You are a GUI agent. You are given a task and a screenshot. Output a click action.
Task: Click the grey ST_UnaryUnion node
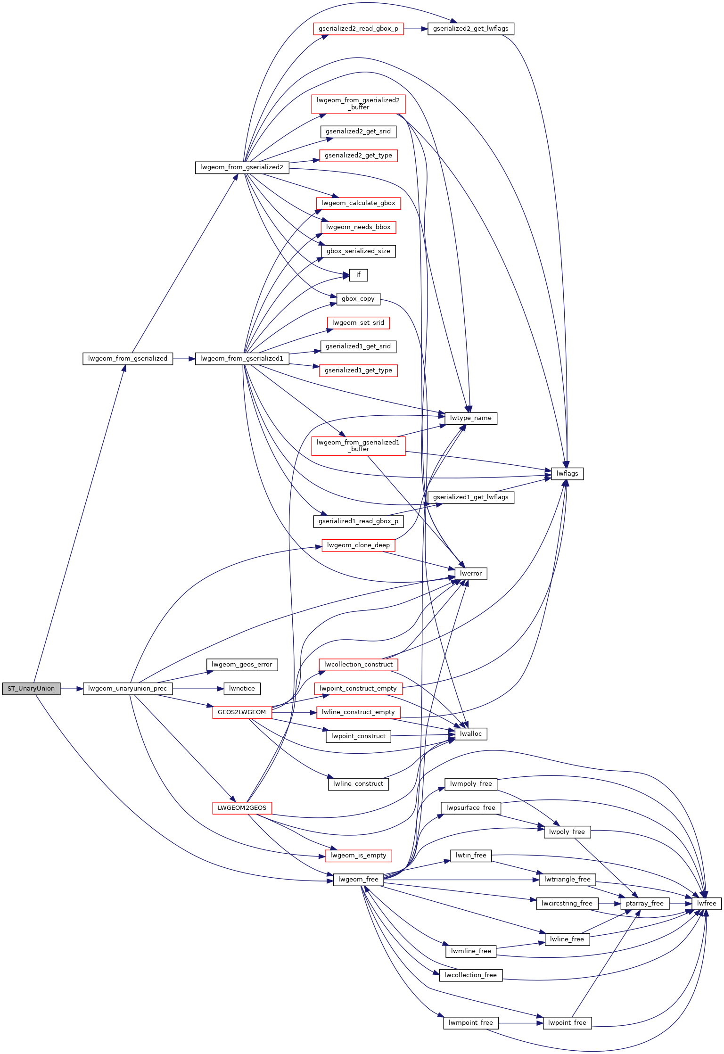(31, 689)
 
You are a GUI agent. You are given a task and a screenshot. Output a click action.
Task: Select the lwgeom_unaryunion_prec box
(128, 689)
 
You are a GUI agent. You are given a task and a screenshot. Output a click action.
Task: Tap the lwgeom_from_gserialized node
(128, 359)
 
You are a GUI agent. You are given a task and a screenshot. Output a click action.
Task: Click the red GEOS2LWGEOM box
(242, 712)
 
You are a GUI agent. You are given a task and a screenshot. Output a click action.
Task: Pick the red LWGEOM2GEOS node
(242, 808)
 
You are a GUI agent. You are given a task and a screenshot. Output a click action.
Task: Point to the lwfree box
(707, 904)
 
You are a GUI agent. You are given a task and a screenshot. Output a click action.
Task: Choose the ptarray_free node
(645, 904)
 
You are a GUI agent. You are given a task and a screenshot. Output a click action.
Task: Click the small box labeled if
(358, 275)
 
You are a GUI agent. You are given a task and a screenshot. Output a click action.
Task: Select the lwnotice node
(242, 689)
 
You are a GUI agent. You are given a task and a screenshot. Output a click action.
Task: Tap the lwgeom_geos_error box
(242, 665)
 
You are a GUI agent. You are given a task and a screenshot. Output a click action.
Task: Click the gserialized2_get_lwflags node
(471, 29)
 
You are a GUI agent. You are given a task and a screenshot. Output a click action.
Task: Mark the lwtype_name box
(471, 418)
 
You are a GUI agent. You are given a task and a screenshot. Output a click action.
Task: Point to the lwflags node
(568, 474)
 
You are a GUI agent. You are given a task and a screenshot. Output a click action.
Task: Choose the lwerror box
(471, 574)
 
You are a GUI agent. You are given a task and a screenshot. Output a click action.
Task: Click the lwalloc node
(471, 734)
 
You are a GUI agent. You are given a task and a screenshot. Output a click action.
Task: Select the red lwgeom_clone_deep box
(358, 545)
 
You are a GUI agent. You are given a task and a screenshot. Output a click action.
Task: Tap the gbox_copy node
(358, 299)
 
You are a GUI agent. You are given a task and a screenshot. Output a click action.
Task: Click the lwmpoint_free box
(471, 1023)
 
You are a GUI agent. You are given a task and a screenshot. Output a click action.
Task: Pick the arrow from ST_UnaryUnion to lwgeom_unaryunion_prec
(72, 689)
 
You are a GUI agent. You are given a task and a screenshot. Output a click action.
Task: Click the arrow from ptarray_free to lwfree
(681, 904)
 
